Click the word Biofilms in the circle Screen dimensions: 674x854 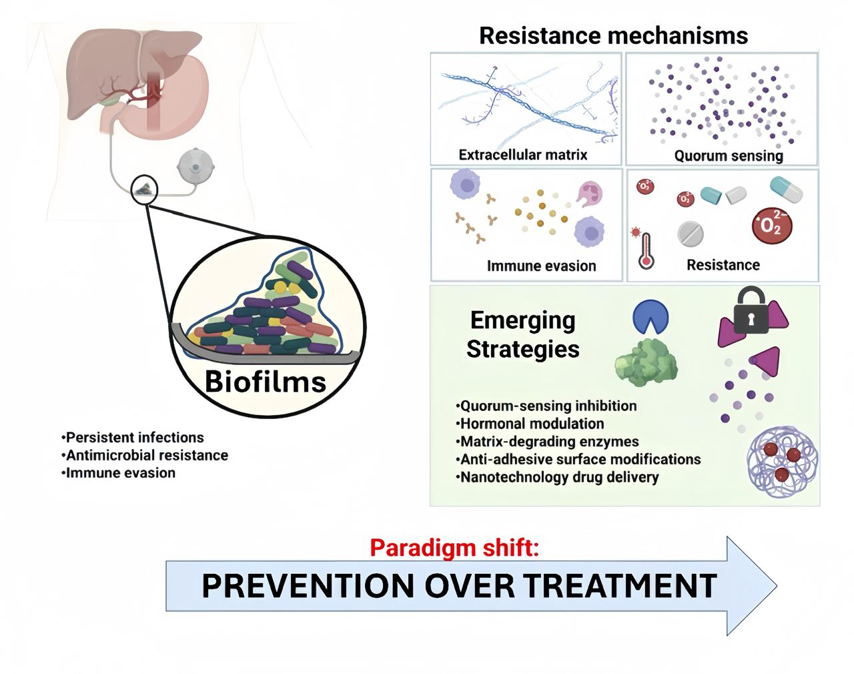(x=266, y=382)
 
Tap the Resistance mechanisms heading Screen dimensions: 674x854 (x=613, y=35)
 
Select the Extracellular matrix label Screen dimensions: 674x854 (x=523, y=155)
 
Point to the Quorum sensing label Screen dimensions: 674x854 (x=728, y=156)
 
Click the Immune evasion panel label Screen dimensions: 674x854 (x=541, y=266)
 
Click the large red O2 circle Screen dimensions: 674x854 (x=771, y=226)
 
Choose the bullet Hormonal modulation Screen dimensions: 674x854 (x=530, y=424)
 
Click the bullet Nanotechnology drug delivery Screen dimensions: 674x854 (x=558, y=477)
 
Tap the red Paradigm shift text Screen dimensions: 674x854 (x=454, y=548)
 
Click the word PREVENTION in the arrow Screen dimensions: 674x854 (x=307, y=585)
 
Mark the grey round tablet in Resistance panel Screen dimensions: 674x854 (x=690, y=234)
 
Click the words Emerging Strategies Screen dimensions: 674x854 (x=522, y=334)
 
